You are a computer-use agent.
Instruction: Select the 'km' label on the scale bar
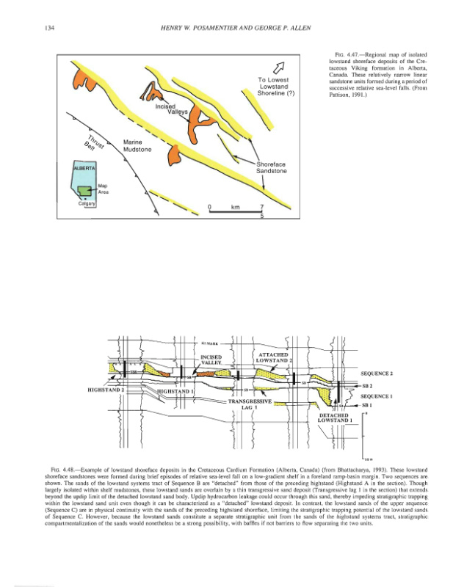coord(236,208)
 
